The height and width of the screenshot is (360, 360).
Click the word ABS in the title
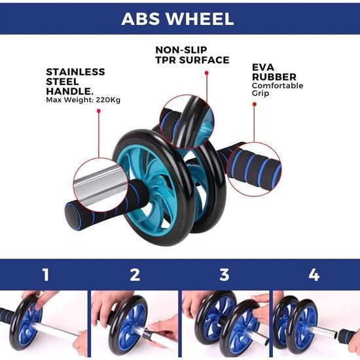[x=141, y=18]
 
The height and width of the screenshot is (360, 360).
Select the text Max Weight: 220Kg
[x=83, y=100]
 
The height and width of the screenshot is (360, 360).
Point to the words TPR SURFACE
[x=192, y=60]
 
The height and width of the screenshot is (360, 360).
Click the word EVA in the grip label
[x=263, y=67]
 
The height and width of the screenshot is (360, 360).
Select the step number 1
[x=45, y=274]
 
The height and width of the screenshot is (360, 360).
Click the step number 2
[x=135, y=274]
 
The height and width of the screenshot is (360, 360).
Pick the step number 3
[x=225, y=274]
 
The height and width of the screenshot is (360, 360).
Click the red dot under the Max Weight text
[x=99, y=112]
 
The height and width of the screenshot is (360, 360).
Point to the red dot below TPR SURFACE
[x=206, y=73]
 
